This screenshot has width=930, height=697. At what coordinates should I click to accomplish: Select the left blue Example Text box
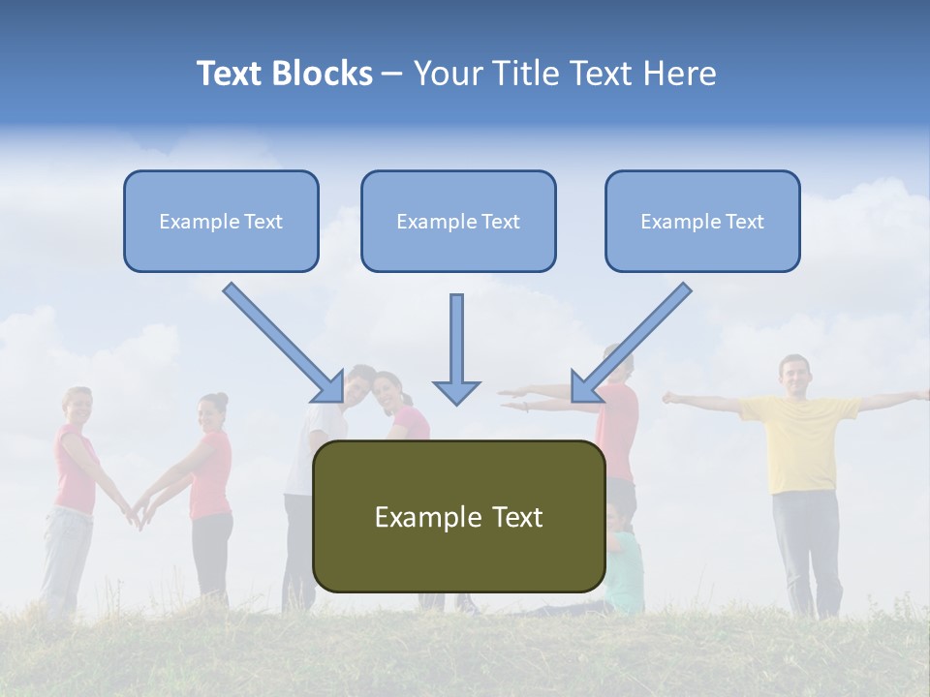click(221, 221)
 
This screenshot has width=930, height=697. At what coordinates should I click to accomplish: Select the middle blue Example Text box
click(458, 221)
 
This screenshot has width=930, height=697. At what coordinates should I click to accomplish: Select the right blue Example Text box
click(702, 221)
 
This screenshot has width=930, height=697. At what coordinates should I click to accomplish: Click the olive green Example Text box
click(458, 516)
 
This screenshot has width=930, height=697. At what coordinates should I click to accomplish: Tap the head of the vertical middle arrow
click(456, 391)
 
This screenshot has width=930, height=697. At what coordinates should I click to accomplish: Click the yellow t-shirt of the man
click(800, 440)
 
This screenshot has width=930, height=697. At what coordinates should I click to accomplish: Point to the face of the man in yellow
click(794, 375)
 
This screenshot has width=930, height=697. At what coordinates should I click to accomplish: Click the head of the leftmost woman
click(77, 405)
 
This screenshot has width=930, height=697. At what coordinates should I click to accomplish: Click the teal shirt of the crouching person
click(626, 571)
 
